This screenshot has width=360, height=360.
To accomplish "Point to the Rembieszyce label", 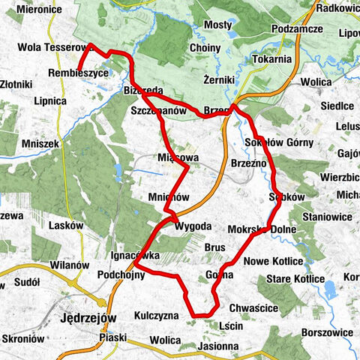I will click(x=77, y=73).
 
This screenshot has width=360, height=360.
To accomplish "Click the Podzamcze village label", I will click(x=298, y=28).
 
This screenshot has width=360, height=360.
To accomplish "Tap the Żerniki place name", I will click(x=220, y=78).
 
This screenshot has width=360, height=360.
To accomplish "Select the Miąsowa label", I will click(x=177, y=158).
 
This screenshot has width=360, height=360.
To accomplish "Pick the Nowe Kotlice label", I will click(x=273, y=260).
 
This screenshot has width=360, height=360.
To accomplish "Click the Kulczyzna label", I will click(x=156, y=316).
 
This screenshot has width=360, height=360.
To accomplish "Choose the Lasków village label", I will click(x=62, y=223).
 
